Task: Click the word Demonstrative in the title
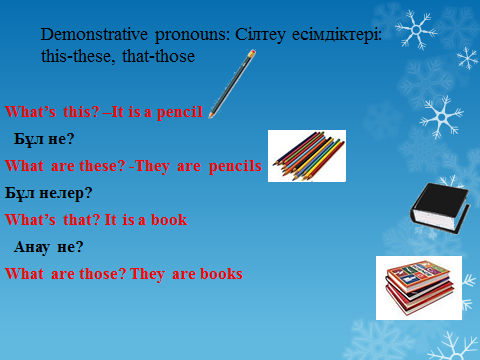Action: [94, 34]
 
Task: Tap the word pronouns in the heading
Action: [192, 35]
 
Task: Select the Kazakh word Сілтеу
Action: [260, 35]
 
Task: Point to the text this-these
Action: [76, 56]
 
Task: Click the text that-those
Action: [158, 56]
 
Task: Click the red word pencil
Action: [180, 112]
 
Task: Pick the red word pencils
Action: [235, 166]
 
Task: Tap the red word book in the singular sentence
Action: [169, 220]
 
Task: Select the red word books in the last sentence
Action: [221, 274]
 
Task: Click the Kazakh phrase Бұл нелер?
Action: [48, 193]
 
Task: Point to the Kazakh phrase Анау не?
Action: [48, 247]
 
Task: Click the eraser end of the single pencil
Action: [252, 53]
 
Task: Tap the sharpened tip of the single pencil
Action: [210, 116]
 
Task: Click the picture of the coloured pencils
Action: [307, 156]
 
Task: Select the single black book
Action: [439, 207]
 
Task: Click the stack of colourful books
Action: [419, 288]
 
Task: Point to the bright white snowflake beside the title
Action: [416, 30]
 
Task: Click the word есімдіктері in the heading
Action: [337, 35]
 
